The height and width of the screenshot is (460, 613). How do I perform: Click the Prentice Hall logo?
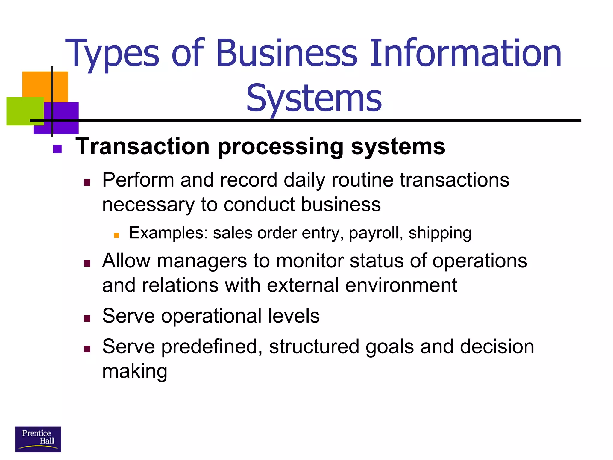click(x=38, y=439)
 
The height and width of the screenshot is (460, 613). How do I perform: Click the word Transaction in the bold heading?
click(x=142, y=146)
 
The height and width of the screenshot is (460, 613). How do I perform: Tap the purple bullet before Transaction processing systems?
click(x=57, y=149)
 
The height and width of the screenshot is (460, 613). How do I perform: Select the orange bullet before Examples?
click(x=116, y=235)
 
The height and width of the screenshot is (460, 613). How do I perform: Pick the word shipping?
click(x=440, y=233)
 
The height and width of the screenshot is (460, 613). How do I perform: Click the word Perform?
click(x=138, y=180)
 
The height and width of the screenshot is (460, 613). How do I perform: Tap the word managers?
click(x=202, y=261)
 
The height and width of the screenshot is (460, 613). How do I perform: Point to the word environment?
click(x=401, y=285)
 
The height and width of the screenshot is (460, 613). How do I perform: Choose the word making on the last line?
click(x=135, y=371)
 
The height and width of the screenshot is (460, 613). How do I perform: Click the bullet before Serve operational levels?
click(x=87, y=318)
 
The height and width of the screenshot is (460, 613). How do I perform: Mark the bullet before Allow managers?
click(x=87, y=263)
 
